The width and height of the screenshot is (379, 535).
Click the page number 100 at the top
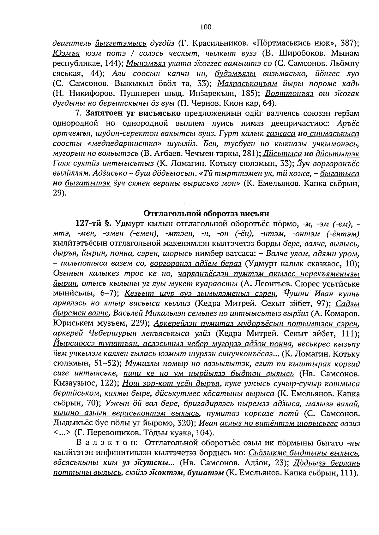(206, 27)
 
